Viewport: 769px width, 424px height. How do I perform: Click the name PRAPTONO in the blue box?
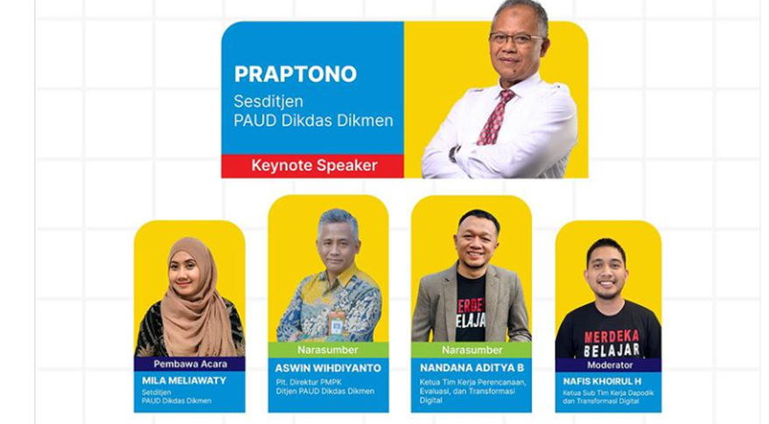295,74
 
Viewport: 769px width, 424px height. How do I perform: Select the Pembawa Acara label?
189,363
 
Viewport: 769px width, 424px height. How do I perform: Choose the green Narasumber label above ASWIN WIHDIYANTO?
327,350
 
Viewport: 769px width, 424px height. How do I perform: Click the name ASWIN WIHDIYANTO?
328,368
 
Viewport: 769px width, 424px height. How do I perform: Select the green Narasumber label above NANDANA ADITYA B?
472,350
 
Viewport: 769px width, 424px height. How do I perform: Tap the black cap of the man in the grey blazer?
478,219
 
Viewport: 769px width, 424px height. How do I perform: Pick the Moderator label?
608,364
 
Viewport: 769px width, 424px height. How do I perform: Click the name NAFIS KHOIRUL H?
607,380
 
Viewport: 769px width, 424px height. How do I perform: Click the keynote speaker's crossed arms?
499,157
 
